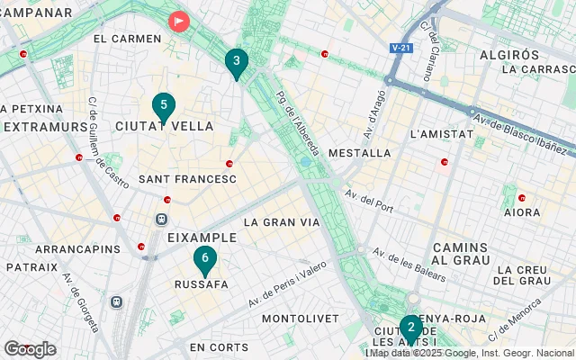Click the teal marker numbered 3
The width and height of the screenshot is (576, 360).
pyautogui.click(x=236, y=62)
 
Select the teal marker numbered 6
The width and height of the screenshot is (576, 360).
pyautogui.click(x=205, y=260)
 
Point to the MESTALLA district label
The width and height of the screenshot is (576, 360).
pyautogui.click(x=360, y=154)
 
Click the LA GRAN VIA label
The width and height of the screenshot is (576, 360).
pyautogui.click(x=282, y=221)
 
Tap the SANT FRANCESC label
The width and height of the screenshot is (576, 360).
pyautogui.click(x=187, y=180)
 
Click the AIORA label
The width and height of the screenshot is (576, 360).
pyautogui.click(x=522, y=213)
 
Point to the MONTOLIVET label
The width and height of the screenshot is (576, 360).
pyautogui.click(x=301, y=319)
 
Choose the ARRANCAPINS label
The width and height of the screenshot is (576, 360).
pyautogui.click(x=77, y=248)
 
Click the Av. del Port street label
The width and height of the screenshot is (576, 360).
pyautogui.click(x=369, y=206)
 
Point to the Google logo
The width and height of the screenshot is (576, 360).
pyautogui.click(x=30, y=349)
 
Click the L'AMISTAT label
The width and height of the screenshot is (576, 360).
pyautogui.click(x=441, y=134)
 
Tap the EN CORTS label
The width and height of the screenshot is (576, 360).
pyautogui.click(x=219, y=347)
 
